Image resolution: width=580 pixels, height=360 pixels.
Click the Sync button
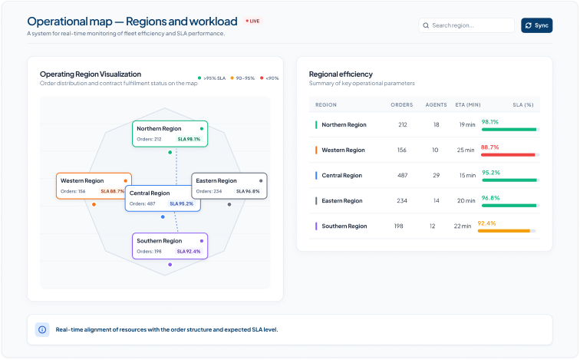[536, 25]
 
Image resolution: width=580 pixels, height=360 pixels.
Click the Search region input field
[466, 25]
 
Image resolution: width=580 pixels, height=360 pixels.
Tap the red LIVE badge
[253, 21]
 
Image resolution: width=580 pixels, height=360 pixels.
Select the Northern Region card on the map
[170, 134]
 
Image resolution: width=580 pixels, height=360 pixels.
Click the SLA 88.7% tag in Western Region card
[113, 191]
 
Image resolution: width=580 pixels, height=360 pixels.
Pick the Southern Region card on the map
[170, 246]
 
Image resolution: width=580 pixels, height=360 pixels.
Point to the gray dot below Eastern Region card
[229, 205]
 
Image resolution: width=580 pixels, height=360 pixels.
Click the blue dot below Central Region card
[163, 216]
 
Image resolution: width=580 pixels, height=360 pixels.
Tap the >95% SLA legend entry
[212, 78]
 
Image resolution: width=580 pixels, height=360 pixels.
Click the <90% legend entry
[269, 78]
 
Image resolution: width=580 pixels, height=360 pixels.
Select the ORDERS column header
[402, 104]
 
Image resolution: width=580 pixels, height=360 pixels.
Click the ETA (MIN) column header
[467, 104]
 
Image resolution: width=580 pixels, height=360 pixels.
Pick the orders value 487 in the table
[403, 175]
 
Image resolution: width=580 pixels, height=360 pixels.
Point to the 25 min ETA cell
[466, 150]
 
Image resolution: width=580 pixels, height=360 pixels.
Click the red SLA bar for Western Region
[508, 154]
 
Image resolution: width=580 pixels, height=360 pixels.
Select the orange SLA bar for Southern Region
[504, 231]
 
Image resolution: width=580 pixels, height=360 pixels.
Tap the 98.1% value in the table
[490, 122]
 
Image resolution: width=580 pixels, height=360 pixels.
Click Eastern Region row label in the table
[342, 201]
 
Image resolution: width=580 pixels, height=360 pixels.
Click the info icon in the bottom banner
[42, 329]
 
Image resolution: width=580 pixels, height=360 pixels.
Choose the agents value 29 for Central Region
[437, 175]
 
